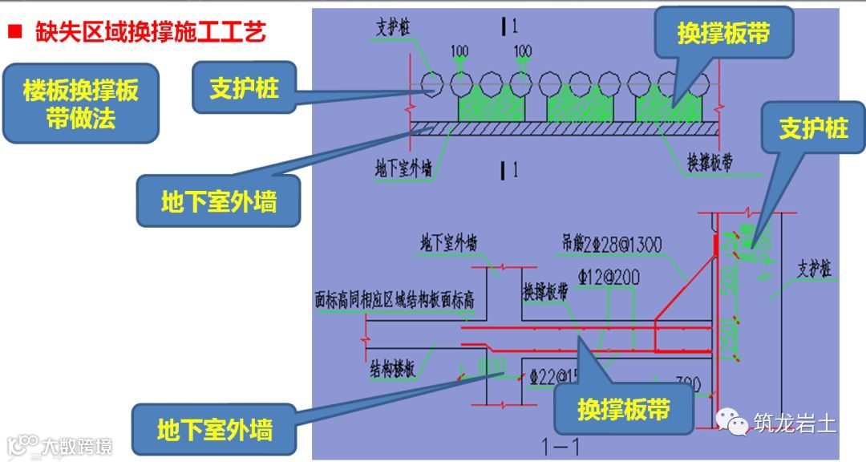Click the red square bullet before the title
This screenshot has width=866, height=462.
point(14,33)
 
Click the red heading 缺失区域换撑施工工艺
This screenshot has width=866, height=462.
point(150,32)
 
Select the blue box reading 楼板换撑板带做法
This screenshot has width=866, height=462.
point(80,103)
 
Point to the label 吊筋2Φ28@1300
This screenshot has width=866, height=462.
point(611,243)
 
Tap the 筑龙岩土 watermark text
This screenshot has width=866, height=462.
point(795,423)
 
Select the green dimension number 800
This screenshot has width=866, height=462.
point(490,367)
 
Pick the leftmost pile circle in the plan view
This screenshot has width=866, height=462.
point(434,83)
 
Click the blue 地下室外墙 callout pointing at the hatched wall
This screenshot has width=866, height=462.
point(218,202)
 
